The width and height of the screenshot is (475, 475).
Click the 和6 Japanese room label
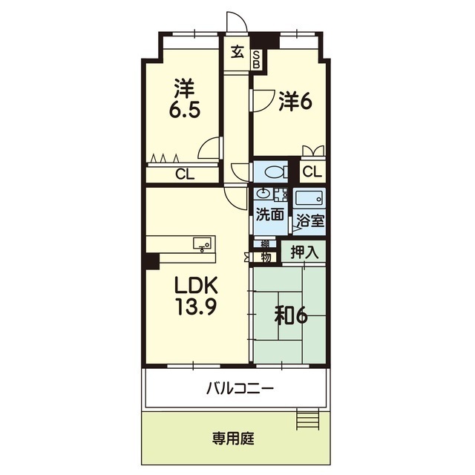(291, 317)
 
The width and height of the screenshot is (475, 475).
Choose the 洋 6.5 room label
(185, 99)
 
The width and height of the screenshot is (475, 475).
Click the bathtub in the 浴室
(309, 199)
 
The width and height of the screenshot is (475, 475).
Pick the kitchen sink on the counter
(202, 243)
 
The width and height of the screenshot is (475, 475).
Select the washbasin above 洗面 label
(263, 194)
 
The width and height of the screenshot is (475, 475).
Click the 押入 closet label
(304, 252)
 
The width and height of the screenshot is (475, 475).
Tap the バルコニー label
(240, 388)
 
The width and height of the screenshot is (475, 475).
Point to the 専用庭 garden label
(233, 439)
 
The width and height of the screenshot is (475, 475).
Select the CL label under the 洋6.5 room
(185, 175)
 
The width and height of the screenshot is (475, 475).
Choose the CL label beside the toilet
(312, 172)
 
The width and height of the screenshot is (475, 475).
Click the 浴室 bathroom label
(310, 221)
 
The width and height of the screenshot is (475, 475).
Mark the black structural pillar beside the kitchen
(152, 261)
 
